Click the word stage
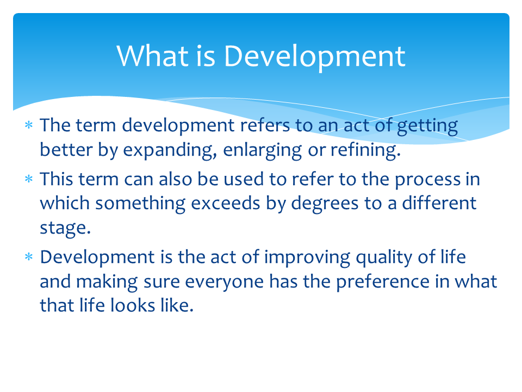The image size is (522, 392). click(65, 228)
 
